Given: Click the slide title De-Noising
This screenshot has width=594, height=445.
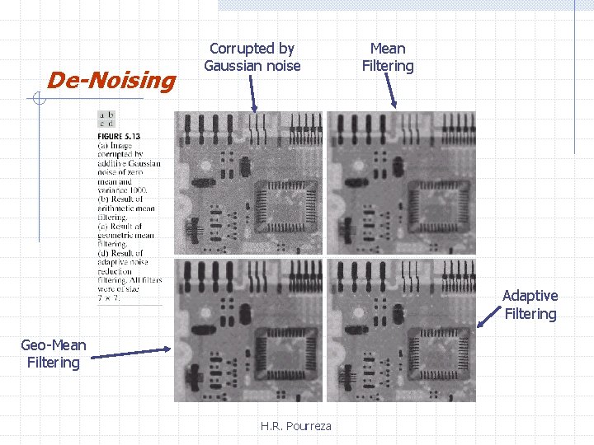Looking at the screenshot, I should (x=111, y=80).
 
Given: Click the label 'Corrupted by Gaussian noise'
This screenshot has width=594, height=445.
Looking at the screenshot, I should (x=252, y=57).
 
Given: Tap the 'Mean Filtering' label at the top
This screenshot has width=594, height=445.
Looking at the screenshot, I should (x=388, y=57).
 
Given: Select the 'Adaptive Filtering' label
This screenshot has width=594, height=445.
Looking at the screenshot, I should (x=530, y=304).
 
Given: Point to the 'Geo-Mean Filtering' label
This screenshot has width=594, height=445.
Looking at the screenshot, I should (x=53, y=354).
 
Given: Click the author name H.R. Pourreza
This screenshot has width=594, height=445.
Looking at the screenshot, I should (x=295, y=426).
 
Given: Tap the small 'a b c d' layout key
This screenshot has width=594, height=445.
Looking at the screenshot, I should (x=106, y=119).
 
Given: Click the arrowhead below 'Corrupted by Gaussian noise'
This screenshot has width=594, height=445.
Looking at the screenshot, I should (x=255, y=108).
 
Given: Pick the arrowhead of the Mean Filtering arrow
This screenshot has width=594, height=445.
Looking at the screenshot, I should (x=394, y=105).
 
